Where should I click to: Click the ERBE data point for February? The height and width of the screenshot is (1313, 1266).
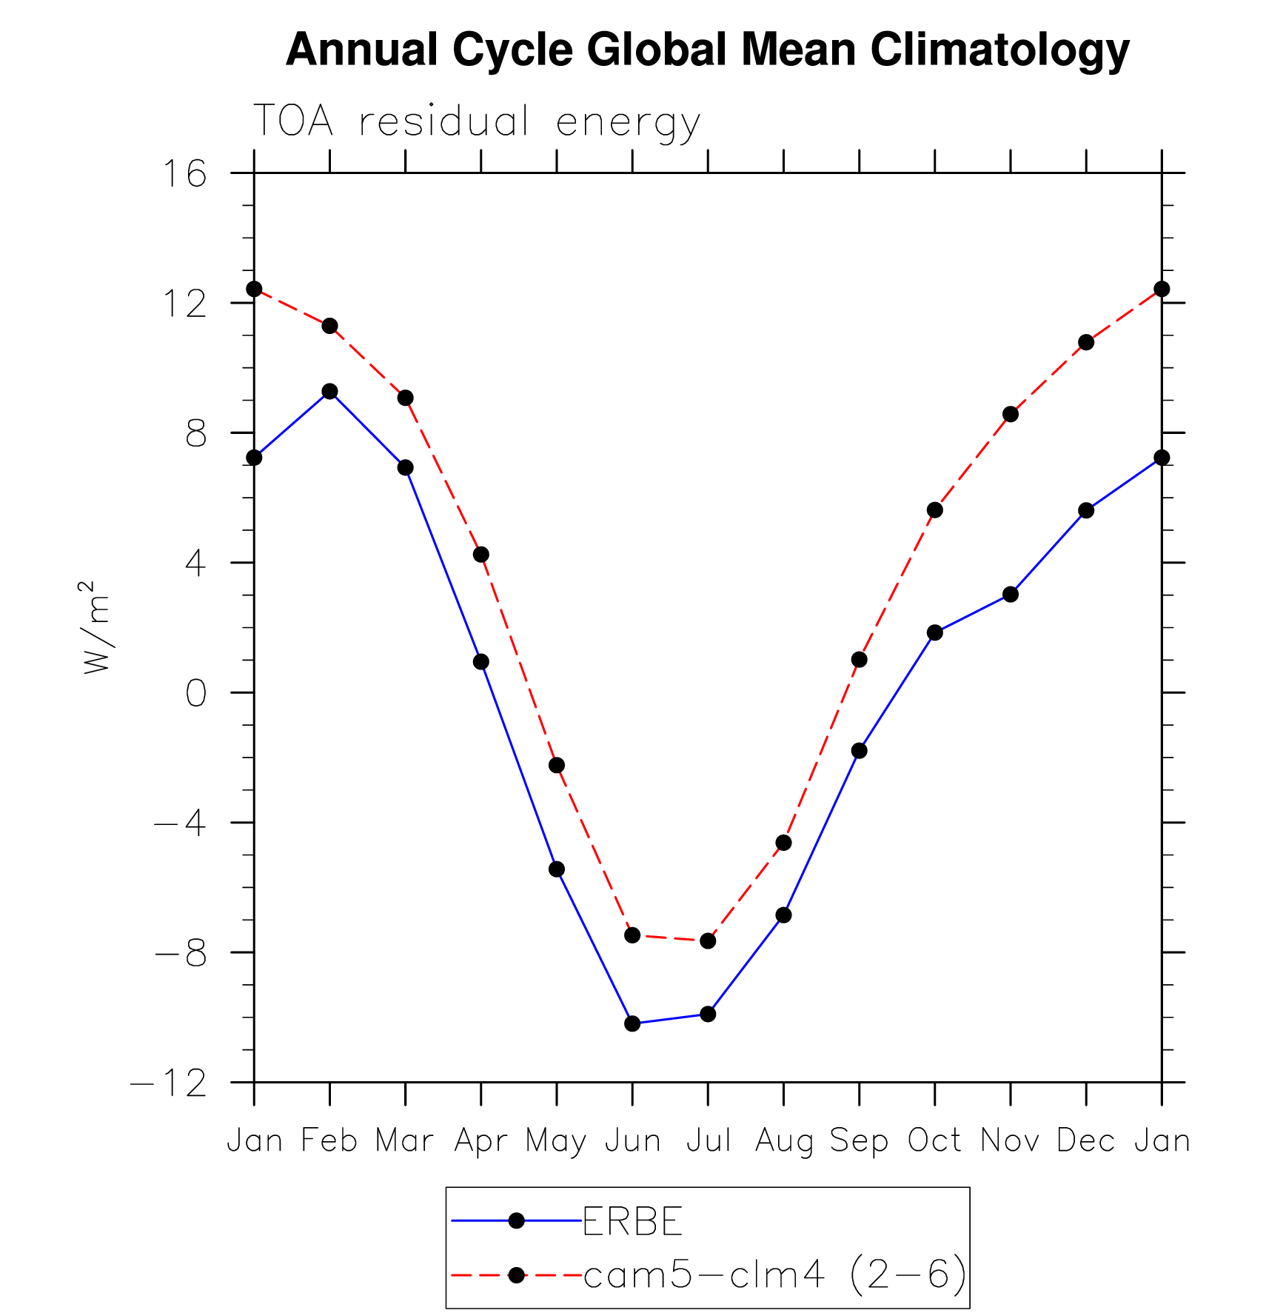tap(329, 391)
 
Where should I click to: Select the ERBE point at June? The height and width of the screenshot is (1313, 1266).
tap(632, 1023)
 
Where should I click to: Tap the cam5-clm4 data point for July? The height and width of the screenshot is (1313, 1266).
tap(708, 941)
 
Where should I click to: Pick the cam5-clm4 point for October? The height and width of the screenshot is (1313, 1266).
tap(935, 510)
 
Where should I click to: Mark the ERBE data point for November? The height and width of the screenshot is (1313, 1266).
tap(1011, 595)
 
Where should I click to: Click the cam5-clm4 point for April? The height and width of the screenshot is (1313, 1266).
tap(481, 555)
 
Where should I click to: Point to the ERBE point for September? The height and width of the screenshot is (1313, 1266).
tap(860, 751)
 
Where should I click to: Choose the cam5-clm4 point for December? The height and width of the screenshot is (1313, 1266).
tap(1086, 342)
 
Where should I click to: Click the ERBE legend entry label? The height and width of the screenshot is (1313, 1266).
tap(632, 1221)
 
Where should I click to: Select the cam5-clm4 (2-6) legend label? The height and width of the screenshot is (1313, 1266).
tap(775, 1275)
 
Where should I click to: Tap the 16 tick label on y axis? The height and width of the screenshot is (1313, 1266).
tap(184, 175)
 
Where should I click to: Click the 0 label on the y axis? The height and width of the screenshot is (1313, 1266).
tap(195, 694)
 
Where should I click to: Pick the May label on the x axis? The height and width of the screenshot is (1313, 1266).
tap(556, 1141)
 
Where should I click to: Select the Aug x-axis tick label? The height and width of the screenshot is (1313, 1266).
tap(783, 1141)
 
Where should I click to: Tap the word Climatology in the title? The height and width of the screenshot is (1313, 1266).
tap(999, 50)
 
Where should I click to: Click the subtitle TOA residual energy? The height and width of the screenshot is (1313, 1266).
tap(477, 122)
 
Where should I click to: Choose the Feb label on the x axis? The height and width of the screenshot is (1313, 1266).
tap(329, 1140)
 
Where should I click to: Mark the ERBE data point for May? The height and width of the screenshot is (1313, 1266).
tap(557, 869)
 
